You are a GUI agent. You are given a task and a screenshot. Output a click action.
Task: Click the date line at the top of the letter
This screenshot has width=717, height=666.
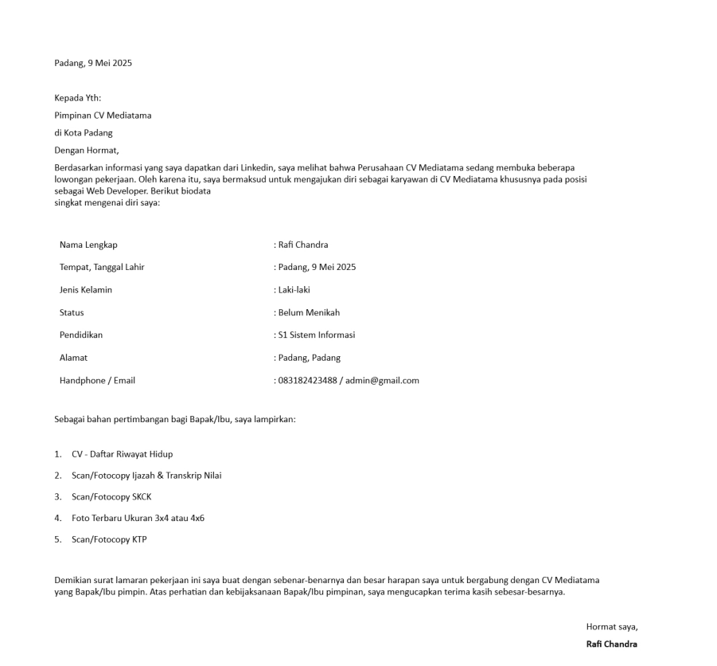[x=93, y=63]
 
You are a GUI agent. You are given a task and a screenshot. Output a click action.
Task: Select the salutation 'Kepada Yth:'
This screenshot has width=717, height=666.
[x=78, y=99]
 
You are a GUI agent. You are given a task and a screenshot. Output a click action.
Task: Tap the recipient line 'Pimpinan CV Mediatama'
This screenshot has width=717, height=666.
[x=103, y=116]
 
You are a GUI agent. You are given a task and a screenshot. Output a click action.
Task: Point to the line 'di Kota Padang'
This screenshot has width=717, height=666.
[x=84, y=133]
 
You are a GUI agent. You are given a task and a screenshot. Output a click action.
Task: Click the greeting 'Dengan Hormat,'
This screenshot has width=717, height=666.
[x=86, y=150]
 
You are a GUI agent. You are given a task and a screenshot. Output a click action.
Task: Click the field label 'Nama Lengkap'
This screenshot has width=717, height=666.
[x=88, y=245]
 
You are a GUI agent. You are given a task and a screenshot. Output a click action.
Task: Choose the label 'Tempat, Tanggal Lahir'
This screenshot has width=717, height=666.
[x=102, y=267]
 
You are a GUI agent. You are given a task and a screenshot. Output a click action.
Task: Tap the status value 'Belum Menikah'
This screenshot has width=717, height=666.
[x=309, y=312]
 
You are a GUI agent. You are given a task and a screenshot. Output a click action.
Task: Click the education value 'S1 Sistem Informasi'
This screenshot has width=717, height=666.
[x=317, y=335]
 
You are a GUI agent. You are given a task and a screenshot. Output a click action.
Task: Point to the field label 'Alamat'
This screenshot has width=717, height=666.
[x=73, y=358]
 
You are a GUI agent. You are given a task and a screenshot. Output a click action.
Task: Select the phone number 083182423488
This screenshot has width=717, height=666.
[x=306, y=380]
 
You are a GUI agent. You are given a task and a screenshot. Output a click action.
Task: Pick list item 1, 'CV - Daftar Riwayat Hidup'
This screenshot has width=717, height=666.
[x=122, y=454]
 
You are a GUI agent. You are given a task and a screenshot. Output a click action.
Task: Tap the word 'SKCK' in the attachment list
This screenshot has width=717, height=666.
[x=138, y=496]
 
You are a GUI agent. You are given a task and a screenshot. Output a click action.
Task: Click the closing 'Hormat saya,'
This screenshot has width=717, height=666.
[x=611, y=626]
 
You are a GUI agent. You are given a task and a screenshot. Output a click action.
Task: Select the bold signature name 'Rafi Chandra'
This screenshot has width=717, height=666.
[x=611, y=644]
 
